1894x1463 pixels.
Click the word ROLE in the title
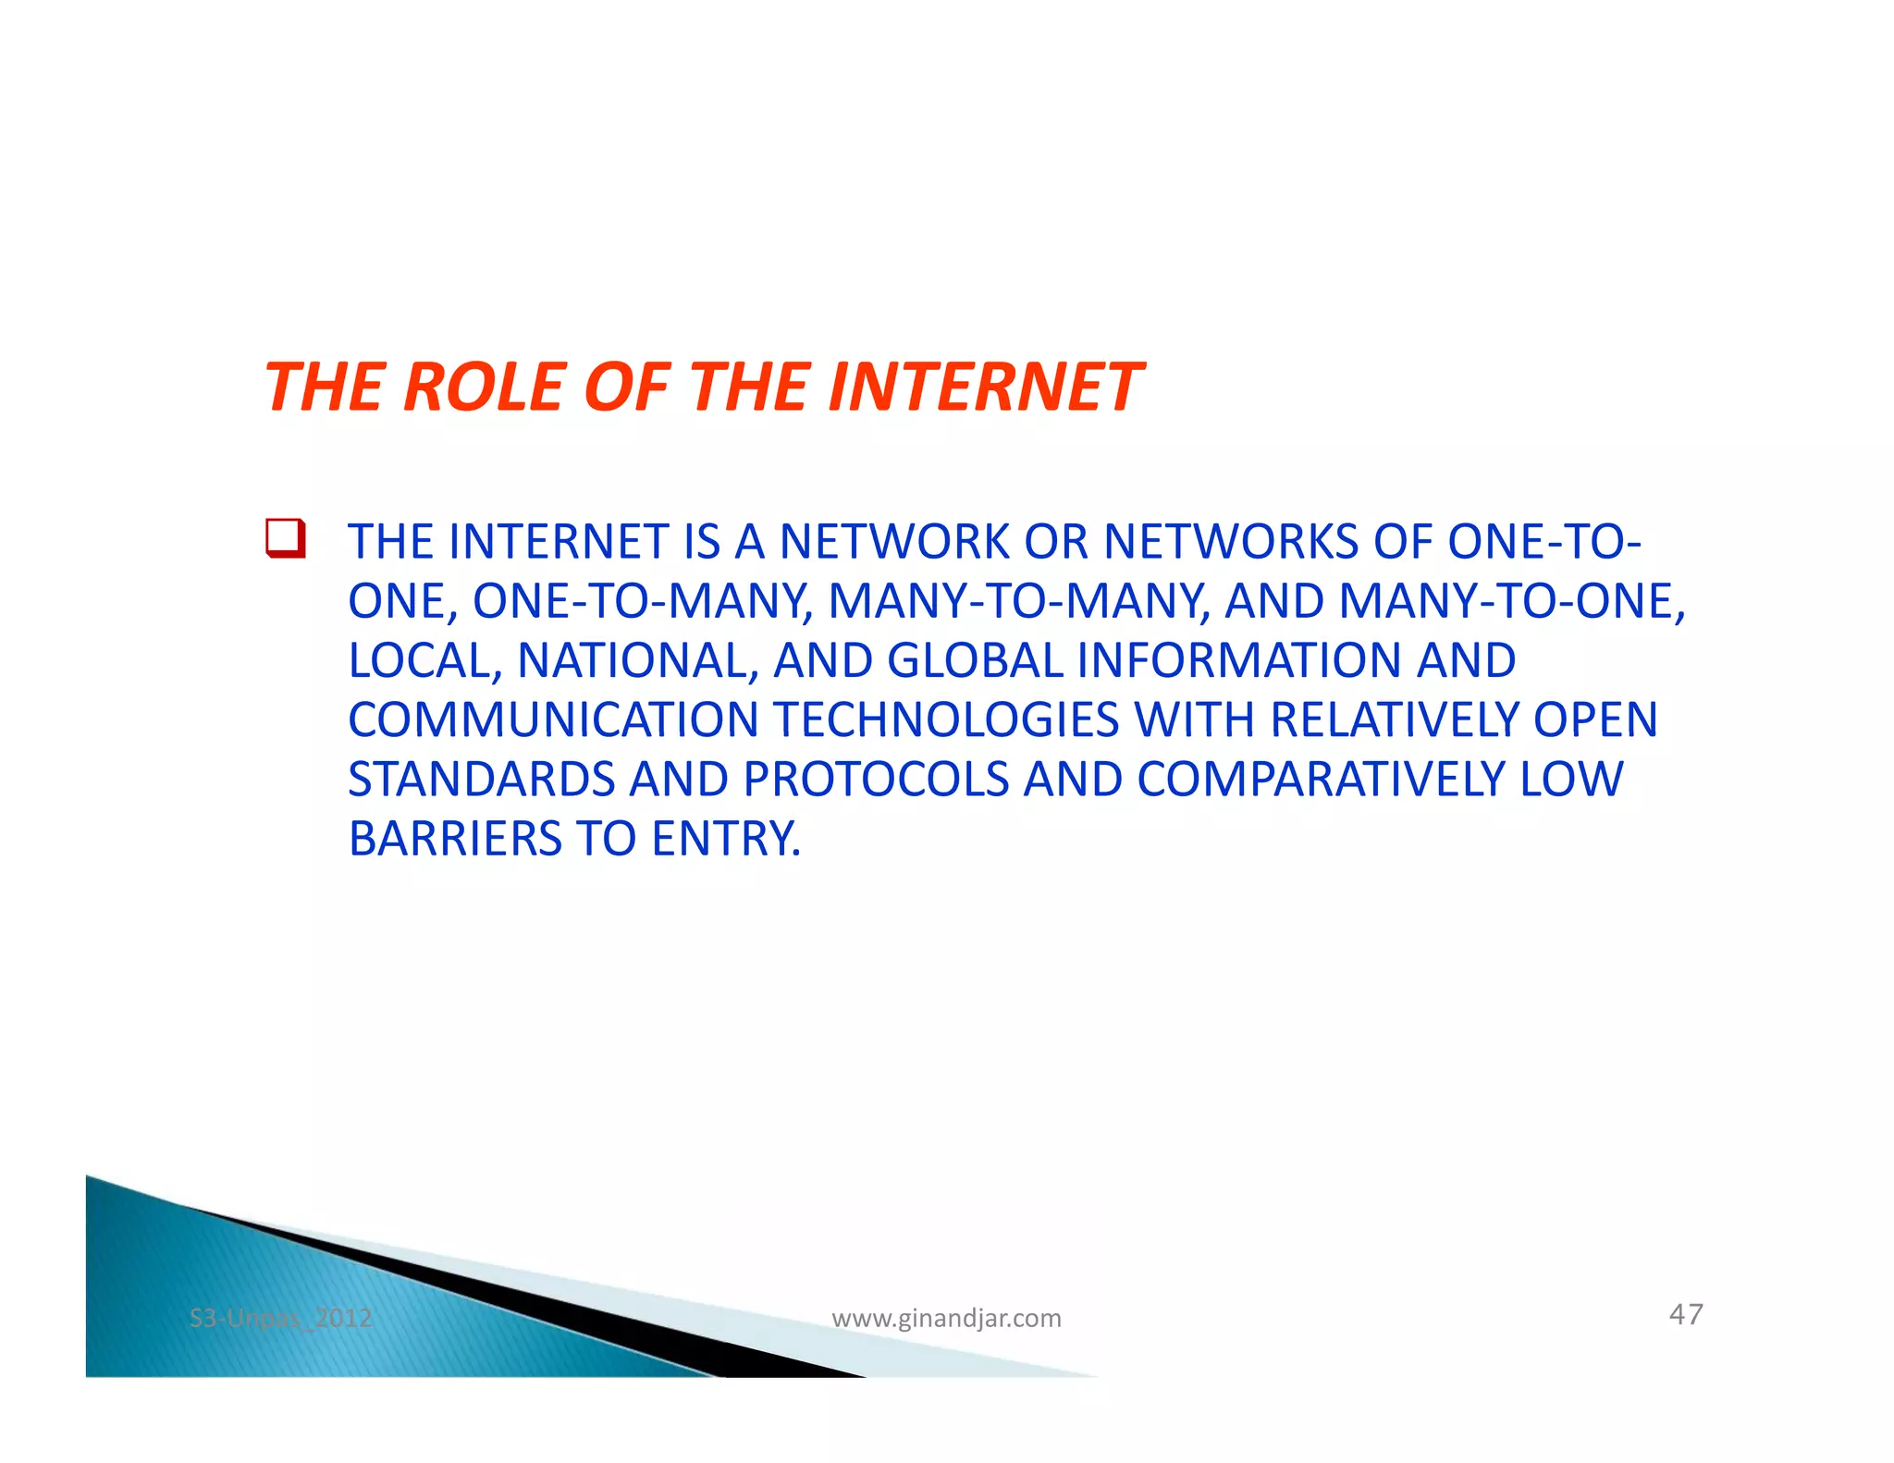tap(484, 387)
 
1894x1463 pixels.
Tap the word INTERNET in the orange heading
tap(986, 387)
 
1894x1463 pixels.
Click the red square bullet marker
tap(285, 539)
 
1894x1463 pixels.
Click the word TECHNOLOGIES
tap(946, 720)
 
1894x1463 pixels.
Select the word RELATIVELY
tap(1395, 720)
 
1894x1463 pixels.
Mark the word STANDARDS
tap(481, 780)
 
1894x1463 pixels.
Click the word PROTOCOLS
tap(876, 780)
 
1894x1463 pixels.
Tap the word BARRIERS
tap(455, 840)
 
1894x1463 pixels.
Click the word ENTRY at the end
tap(725, 840)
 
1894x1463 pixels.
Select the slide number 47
tap(1685, 1314)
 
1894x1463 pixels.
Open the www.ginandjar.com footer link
tap(946, 1319)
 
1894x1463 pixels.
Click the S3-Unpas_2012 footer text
tap(280, 1318)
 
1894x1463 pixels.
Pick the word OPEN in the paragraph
tap(1595, 720)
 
